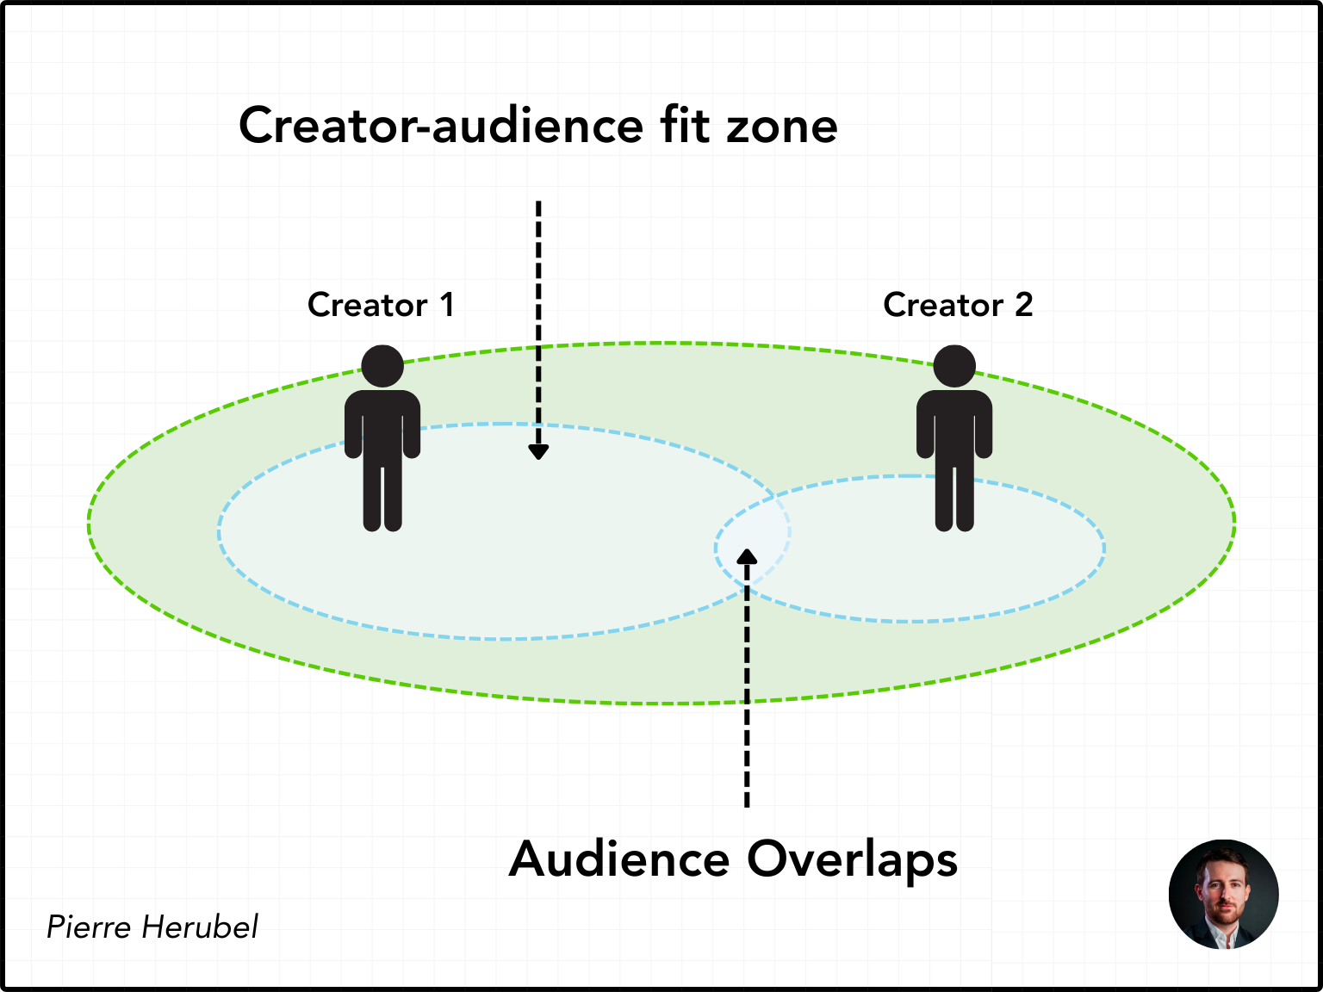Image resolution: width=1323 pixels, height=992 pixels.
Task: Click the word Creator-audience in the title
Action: [x=440, y=126]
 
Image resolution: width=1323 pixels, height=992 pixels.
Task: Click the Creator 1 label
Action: [x=381, y=305]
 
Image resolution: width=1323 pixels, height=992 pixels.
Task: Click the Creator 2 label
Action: [x=958, y=305]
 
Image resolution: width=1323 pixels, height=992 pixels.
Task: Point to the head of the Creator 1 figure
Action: [x=382, y=366]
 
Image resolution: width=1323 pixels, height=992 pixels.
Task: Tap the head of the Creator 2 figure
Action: [x=954, y=366]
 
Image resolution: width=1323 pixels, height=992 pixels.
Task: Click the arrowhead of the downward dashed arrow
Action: [x=538, y=451]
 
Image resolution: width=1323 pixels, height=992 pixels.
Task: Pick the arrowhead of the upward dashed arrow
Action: [x=747, y=556]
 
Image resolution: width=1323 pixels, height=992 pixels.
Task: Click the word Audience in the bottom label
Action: [x=619, y=859]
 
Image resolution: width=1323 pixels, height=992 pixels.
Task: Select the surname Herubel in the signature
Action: [x=200, y=927]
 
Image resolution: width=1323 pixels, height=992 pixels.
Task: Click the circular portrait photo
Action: [x=1223, y=895]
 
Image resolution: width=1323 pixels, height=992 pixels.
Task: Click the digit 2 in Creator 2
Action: [x=1023, y=305]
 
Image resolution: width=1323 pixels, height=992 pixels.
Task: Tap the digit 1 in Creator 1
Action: [x=447, y=305]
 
